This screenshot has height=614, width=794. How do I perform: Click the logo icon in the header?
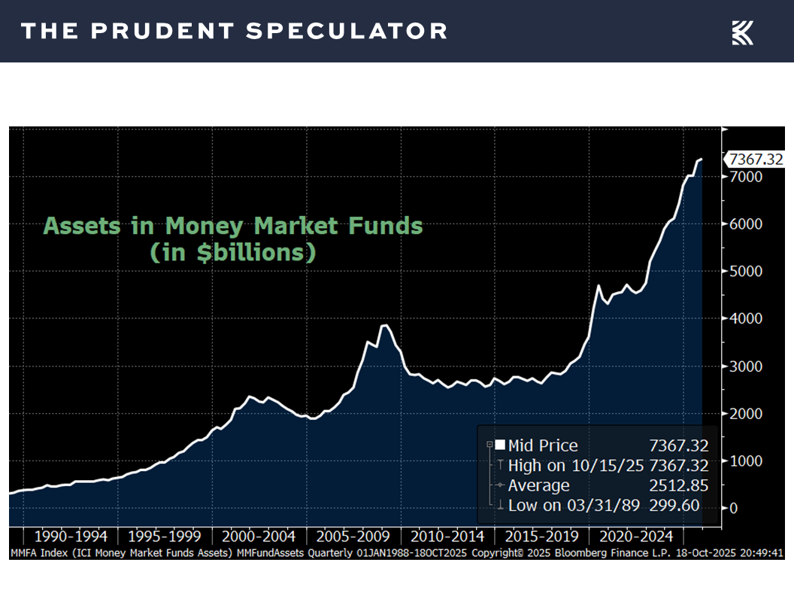[x=742, y=32]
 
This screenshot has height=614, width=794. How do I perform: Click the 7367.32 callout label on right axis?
[x=755, y=160]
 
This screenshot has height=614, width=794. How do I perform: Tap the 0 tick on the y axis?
[x=735, y=509]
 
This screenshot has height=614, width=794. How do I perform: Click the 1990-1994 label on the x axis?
[x=71, y=536]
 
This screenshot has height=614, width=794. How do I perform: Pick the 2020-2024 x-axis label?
[x=636, y=536]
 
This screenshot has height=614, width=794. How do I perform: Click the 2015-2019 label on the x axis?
[x=541, y=536]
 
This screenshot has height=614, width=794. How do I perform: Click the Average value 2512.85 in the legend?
[x=678, y=485]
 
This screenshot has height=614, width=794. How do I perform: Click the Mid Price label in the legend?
[x=542, y=445]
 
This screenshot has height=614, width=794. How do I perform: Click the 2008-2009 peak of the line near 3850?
[x=384, y=325]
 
